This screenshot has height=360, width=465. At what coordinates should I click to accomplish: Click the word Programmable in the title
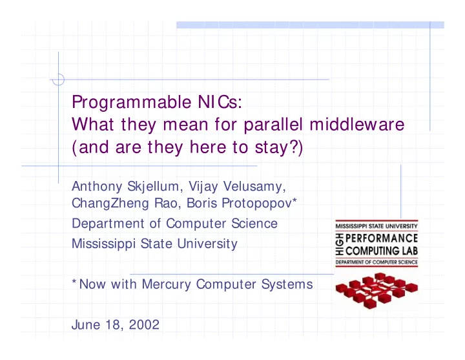pyautogui.click(x=132, y=103)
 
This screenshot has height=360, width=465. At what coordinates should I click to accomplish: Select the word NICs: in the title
pyautogui.click(x=220, y=102)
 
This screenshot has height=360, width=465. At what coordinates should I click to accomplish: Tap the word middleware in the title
pyautogui.click(x=356, y=124)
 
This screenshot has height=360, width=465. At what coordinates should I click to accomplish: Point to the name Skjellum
pyautogui.click(x=153, y=187)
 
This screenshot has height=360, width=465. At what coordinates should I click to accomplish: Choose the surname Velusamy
pyautogui.click(x=254, y=187)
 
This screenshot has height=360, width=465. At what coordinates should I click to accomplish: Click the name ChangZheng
pyautogui.click(x=110, y=204)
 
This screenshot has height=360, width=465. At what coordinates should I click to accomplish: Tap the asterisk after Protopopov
pyautogui.click(x=294, y=200)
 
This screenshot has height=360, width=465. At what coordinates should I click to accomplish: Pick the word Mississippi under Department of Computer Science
pyautogui.click(x=103, y=244)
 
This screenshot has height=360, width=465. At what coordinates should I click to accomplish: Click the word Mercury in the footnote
pyautogui.click(x=166, y=284)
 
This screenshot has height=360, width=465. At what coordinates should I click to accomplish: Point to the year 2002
pyautogui.click(x=144, y=324)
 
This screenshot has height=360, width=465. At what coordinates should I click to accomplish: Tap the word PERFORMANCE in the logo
pyautogui.click(x=382, y=238)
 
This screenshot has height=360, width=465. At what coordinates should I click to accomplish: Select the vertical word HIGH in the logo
pyautogui.click(x=340, y=244)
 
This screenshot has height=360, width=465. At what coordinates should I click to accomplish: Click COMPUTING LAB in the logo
pyautogui.click(x=382, y=251)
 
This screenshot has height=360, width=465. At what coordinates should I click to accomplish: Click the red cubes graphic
pyautogui.click(x=377, y=291)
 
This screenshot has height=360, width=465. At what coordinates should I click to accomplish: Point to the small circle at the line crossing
pyautogui.click(x=58, y=79)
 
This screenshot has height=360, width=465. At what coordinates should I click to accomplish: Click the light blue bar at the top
pyautogui.click(x=310, y=25)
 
